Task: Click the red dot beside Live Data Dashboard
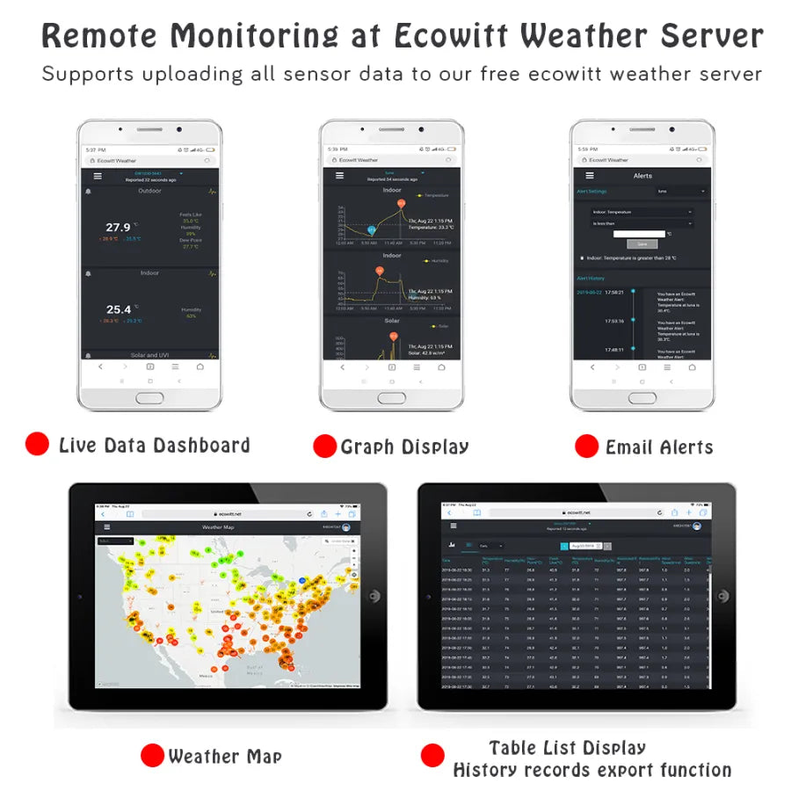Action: pos(37,444)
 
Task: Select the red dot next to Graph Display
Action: pos(324,446)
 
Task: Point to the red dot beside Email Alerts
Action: pos(586,446)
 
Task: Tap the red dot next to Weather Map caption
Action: pos(152,755)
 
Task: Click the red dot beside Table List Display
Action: pos(432,755)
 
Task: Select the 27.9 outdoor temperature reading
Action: pos(119,228)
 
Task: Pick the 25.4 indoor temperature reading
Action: pos(119,309)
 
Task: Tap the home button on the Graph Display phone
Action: pos(391,397)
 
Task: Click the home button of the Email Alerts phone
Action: pos(642,397)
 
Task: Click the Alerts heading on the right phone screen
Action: pos(642,176)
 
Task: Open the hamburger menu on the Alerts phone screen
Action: pos(582,176)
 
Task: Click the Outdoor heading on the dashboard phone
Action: pos(149,191)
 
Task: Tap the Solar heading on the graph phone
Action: pos(392,321)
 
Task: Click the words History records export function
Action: pos(591,771)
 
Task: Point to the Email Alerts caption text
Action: pos(658,447)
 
